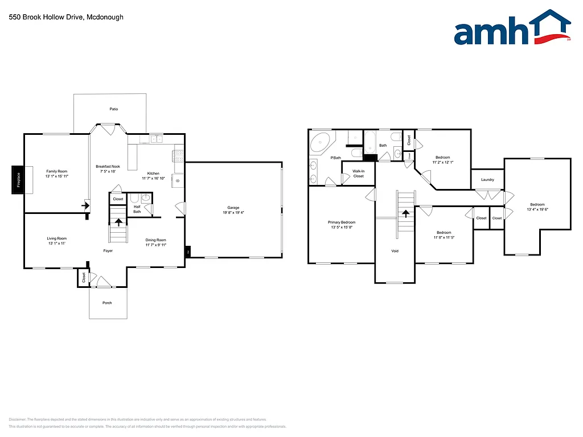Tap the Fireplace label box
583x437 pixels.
(18, 180)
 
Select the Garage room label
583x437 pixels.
(233, 208)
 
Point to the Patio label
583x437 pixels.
(114, 109)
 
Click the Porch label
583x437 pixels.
(107, 303)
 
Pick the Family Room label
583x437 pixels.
(57, 171)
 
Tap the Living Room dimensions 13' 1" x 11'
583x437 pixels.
(57, 244)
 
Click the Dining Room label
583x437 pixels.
(156, 240)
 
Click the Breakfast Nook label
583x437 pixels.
(108, 166)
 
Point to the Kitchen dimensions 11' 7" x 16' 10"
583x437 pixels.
(153, 178)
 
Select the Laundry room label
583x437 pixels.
(487, 180)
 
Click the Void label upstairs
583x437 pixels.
(395, 251)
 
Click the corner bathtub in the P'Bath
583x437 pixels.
(322, 141)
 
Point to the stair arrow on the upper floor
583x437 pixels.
(405, 214)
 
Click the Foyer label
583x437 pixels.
(108, 250)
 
